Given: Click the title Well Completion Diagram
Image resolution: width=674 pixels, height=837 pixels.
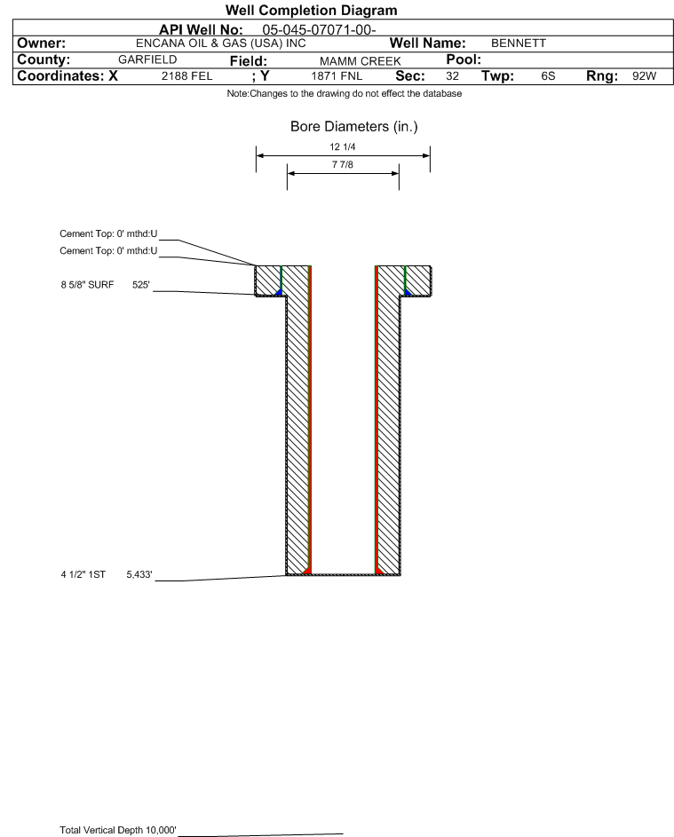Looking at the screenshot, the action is coord(312,10).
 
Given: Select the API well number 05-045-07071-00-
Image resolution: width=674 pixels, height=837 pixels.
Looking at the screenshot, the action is coord(319,30).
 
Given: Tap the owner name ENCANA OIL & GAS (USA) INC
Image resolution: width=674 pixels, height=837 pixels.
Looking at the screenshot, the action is coord(221,43).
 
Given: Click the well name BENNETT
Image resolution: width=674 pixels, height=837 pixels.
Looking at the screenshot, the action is coord(519,43).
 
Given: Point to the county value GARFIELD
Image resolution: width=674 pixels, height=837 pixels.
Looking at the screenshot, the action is coord(147,59).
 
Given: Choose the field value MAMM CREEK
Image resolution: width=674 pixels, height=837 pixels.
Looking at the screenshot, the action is coord(360,61).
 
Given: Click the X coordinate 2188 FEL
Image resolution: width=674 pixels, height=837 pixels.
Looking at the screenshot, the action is coord(186,76).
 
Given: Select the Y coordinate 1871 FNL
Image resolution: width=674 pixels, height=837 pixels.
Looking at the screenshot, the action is coord(337,76).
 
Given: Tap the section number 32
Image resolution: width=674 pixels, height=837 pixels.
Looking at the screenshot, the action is coord(452,76).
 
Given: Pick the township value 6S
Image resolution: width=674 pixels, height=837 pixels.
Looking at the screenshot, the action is coord(548,76).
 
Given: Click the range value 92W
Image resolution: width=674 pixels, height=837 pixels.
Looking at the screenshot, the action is coord(644,75).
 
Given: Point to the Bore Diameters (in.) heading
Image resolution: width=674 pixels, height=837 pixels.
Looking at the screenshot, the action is coord(354,127).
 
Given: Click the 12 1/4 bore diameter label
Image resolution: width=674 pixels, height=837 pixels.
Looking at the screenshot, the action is coord(343,146).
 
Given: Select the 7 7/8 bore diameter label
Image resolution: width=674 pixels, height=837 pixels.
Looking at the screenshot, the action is coord(343,164).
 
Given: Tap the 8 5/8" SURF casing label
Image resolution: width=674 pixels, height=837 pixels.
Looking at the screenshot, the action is coord(87,285).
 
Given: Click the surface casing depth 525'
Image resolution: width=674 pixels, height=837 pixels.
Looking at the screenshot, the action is coord(141,285).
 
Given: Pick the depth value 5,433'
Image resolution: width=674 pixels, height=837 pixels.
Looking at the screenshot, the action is coord(139,575).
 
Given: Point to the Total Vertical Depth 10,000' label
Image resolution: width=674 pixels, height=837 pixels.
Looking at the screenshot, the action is coord(118,830).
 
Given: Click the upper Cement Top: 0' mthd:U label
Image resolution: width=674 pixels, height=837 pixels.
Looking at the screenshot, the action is coord(108,233).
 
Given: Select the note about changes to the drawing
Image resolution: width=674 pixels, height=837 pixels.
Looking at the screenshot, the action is coord(345,93).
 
